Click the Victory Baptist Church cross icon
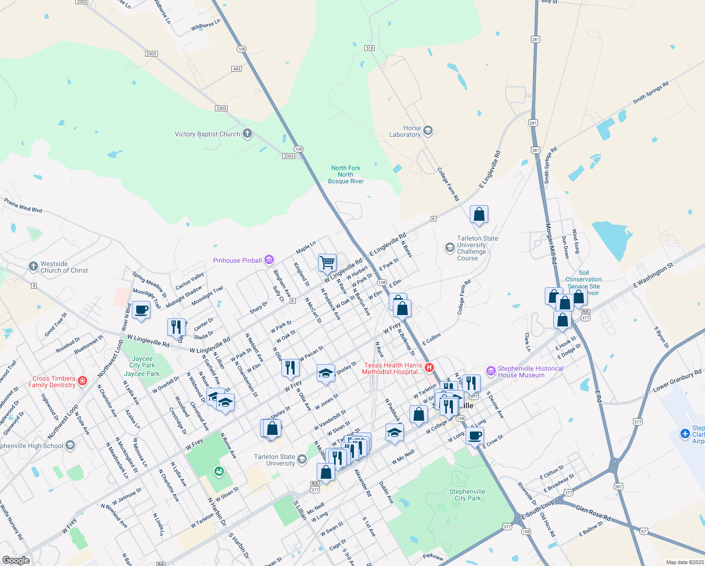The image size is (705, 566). pyautogui.click(x=247, y=134)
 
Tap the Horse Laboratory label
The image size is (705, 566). pyautogui.click(x=405, y=132)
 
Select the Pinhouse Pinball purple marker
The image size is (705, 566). pyautogui.click(x=269, y=260)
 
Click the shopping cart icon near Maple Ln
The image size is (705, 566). pyautogui.click(x=327, y=262)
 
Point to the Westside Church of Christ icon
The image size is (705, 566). pyautogui.click(x=33, y=266)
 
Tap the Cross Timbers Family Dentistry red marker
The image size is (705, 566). pyautogui.click(x=82, y=381)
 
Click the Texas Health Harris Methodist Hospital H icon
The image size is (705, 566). pyautogui.click(x=429, y=367)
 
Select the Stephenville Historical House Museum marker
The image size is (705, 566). pyautogui.click(x=491, y=371)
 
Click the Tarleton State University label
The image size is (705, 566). pyautogui.click(x=274, y=460)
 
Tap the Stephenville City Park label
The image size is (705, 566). pyautogui.click(x=467, y=495)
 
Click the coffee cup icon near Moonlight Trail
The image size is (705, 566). pyautogui.click(x=141, y=310)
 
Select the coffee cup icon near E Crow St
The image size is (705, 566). pyautogui.click(x=475, y=435)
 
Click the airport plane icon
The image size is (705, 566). pyautogui.click(x=686, y=433)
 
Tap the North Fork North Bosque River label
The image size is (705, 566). pyautogui.click(x=346, y=175)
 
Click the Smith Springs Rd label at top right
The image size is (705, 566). pyautogui.click(x=650, y=92)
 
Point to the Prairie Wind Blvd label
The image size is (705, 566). pyautogui.click(x=23, y=205)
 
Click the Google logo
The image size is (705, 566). pyautogui.click(x=16, y=560)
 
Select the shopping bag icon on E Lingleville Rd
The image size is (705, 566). pyautogui.click(x=479, y=214)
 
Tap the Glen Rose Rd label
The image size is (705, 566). pyautogui.click(x=593, y=513)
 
